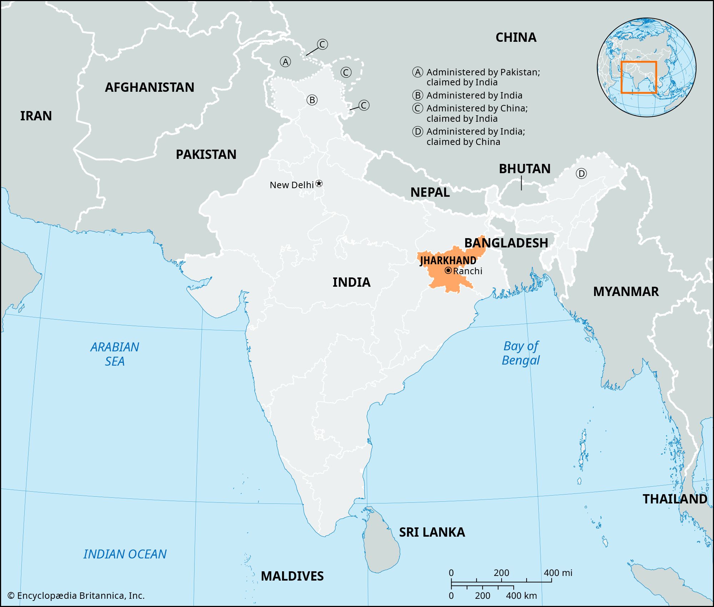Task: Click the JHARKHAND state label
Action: [448, 260]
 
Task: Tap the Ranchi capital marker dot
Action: [448, 271]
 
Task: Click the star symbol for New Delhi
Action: [319, 184]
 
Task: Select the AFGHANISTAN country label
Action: [150, 87]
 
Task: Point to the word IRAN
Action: [36, 116]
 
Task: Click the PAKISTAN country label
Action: [206, 155]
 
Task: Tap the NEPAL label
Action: [430, 192]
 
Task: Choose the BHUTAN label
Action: [524, 169]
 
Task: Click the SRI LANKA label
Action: [432, 532]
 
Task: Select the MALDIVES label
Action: [292, 576]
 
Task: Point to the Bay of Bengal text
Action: [521, 353]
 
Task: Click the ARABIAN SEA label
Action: [115, 354]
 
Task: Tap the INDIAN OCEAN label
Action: [125, 554]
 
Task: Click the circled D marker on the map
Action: [581, 174]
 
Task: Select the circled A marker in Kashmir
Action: [285, 62]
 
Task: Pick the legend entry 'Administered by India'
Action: [474, 95]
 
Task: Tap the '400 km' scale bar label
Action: [521, 596]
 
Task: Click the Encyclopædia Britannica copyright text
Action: [76, 596]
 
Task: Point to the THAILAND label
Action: [675, 499]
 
